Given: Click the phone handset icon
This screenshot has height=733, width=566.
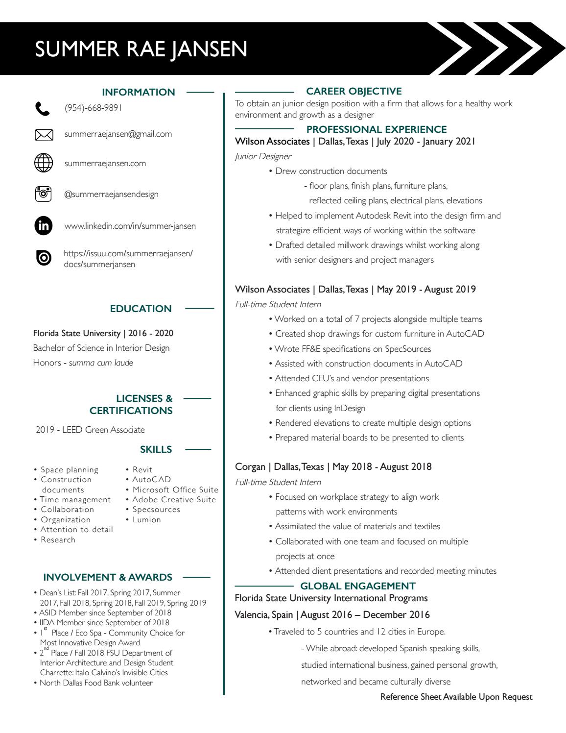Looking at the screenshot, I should point(43,109).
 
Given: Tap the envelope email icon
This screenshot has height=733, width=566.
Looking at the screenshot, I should point(44,135).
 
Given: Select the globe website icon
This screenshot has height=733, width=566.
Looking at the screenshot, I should point(44,163).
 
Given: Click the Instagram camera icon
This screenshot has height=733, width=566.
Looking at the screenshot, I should point(44,194).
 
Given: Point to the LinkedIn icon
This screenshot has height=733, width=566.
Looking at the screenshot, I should point(44,226).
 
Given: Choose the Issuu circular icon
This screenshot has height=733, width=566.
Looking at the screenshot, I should point(44,258).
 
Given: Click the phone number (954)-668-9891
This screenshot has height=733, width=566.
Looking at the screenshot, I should point(93,108).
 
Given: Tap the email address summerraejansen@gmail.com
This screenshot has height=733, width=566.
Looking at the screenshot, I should point(118,134).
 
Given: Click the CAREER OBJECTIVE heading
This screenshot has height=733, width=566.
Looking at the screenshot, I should point(354,91).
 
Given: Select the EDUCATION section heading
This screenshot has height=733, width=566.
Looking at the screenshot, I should point(141,309).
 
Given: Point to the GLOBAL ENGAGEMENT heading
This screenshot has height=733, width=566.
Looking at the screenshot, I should point(357,586).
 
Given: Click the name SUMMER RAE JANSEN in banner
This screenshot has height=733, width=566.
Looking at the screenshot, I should point(141,49).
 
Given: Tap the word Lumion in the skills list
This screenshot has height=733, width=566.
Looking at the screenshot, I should point(146,520).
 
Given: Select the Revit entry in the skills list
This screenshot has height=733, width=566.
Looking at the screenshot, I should point(142,469).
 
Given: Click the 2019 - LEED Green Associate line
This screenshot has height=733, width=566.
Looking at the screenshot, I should point(90,430).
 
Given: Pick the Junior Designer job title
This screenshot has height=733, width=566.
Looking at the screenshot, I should point(263,156).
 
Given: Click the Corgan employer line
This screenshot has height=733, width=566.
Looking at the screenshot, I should point(333,466).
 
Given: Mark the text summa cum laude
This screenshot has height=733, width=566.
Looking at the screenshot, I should point(101,363).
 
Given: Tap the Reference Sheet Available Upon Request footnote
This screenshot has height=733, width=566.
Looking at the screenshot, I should point(456,697).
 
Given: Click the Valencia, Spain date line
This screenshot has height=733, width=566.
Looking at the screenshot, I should point(332,614).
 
